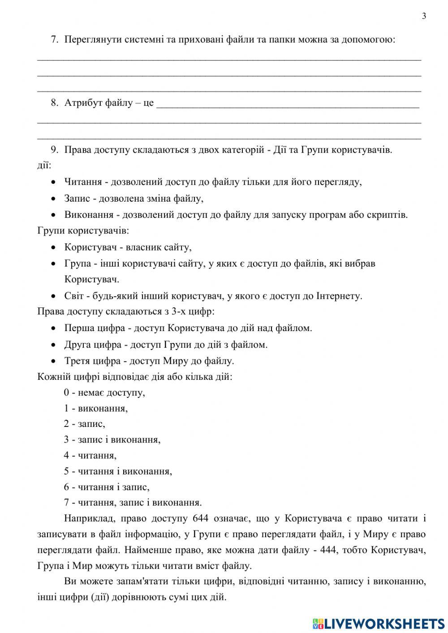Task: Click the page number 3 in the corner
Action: click(x=424, y=17)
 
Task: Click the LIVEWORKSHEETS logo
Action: click(x=379, y=623)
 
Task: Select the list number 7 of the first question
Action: click(x=54, y=39)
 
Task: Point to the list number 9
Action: click(x=54, y=150)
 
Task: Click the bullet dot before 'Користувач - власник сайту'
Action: click(x=54, y=247)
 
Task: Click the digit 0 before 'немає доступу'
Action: click(x=66, y=393)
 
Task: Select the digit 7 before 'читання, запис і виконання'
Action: click(x=66, y=502)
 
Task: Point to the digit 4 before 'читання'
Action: click(x=66, y=456)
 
